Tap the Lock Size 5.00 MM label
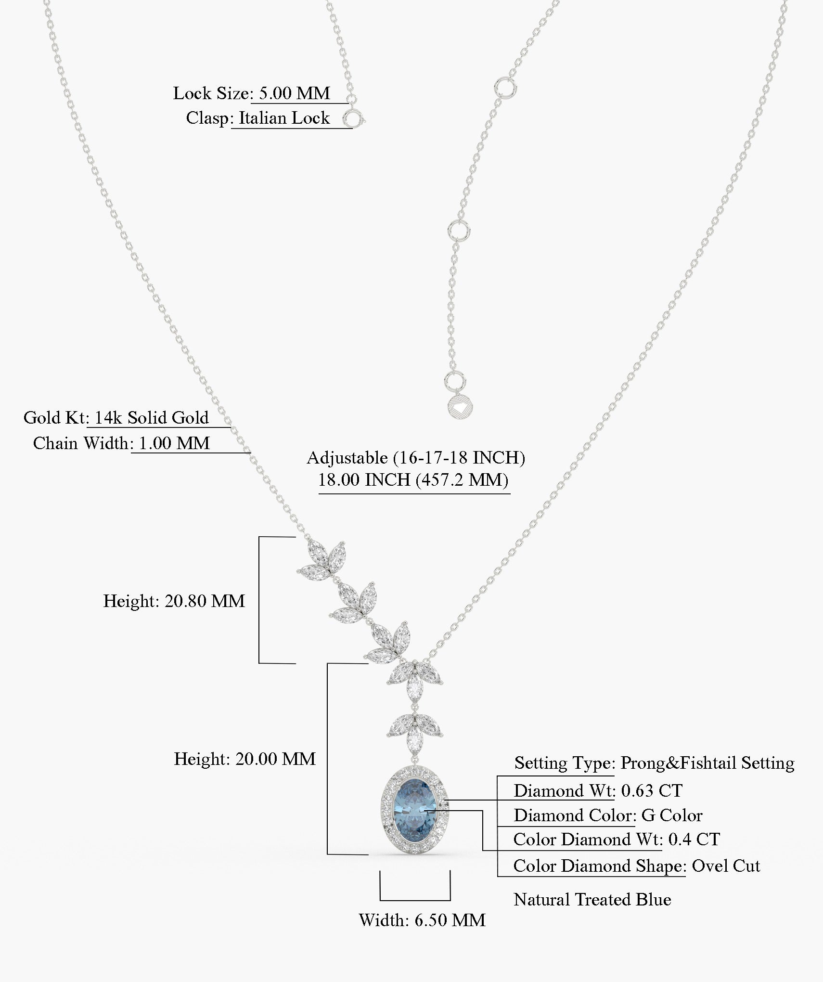pyautogui.click(x=252, y=93)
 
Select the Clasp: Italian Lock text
pyautogui.click(x=258, y=118)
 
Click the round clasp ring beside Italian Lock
pyautogui.click(x=353, y=118)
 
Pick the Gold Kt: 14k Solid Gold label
pyautogui.click(x=116, y=418)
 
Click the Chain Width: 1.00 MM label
pyautogui.click(x=121, y=443)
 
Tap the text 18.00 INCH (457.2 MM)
pyautogui.click(x=413, y=480)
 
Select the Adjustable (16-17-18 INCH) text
pyautogui.click(x=416, y=458)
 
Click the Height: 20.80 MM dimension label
pyautogui.click(x=174, y=601)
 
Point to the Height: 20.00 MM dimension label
pyautogui.click(x=244, y=759)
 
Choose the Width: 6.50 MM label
pyautogui.click(x=422, y=920)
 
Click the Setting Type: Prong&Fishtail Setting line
pyautogui.click(x=654, y=763)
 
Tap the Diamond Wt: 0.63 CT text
pyautogui.click(x=598, y=790)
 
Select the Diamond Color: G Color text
pyautogui.click(x=608, y=815)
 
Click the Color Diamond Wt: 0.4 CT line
pyautogui.click(x=616, y=840)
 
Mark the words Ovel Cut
pyautogui.click(x=726, y=866)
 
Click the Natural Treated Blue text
pyautogui.click(x=592, y=899)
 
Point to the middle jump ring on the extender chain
pyautogui.click(x=459, y=229)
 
